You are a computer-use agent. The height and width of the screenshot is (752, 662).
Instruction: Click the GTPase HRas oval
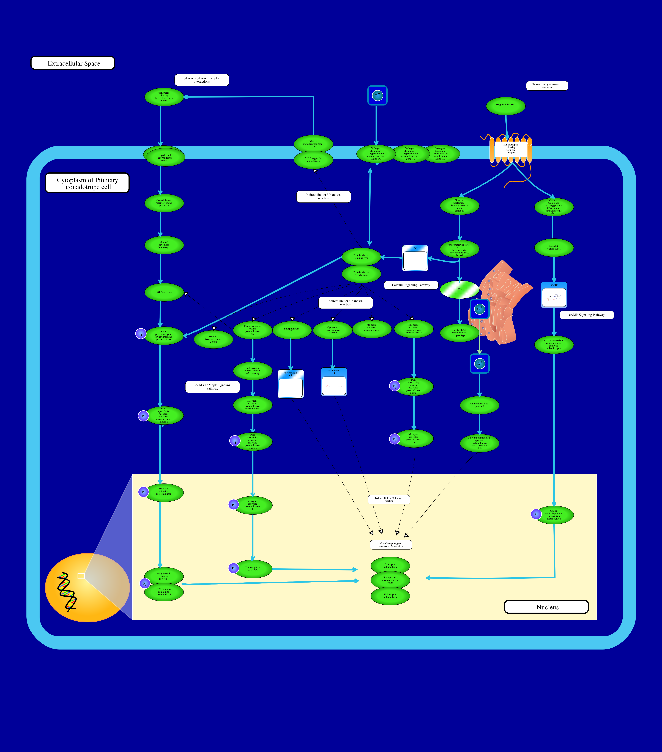[x=164, y=292]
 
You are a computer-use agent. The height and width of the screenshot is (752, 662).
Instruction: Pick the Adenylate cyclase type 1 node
[x=554, y=248]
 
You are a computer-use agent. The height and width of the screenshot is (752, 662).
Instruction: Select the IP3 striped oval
[x=459, y=290]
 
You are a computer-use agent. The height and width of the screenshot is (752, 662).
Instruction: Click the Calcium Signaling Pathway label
[x=411, y=285]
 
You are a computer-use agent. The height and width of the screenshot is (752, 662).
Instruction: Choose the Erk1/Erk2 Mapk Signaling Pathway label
[x=212, y=387]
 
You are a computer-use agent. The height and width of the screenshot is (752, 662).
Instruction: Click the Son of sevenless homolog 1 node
[x=164, y=245]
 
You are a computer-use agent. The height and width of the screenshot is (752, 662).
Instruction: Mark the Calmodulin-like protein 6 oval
[x=479, y=405]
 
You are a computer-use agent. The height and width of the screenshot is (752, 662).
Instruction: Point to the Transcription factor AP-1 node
[x=253, y=569]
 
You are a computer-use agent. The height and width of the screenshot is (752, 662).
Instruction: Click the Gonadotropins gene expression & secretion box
[x=391, y=545]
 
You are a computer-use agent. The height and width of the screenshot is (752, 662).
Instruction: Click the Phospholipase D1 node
[x=292, y=330]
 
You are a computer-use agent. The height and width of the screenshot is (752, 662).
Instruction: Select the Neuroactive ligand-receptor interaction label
[x=547, y=86]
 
